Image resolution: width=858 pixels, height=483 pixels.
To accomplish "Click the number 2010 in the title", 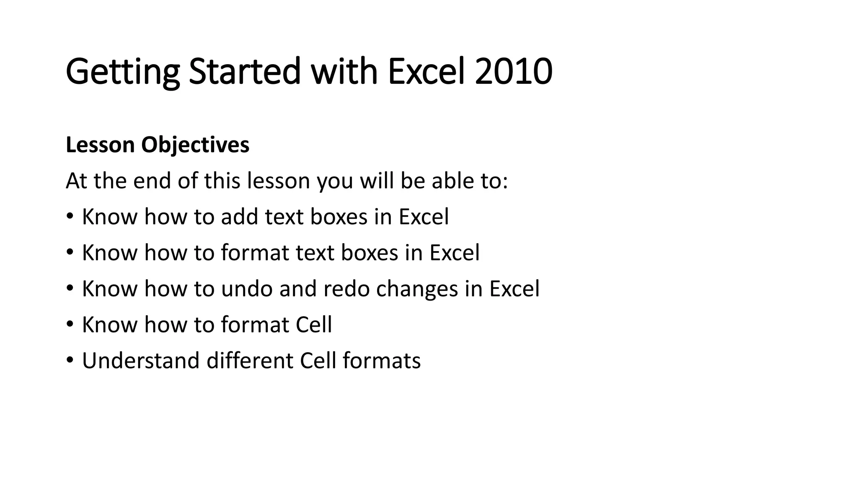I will click(513, 71).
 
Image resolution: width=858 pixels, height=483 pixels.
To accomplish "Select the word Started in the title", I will click(245, 71).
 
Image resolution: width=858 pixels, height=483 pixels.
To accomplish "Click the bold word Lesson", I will click(100, 145).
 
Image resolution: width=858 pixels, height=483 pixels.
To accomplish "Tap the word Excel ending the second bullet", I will click(455, 253).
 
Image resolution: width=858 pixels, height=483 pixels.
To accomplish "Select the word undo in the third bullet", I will click(247, 289).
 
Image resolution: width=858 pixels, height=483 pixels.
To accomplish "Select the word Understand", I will click(140, 361).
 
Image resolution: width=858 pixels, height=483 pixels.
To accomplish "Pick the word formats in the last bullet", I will click(381, 361).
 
